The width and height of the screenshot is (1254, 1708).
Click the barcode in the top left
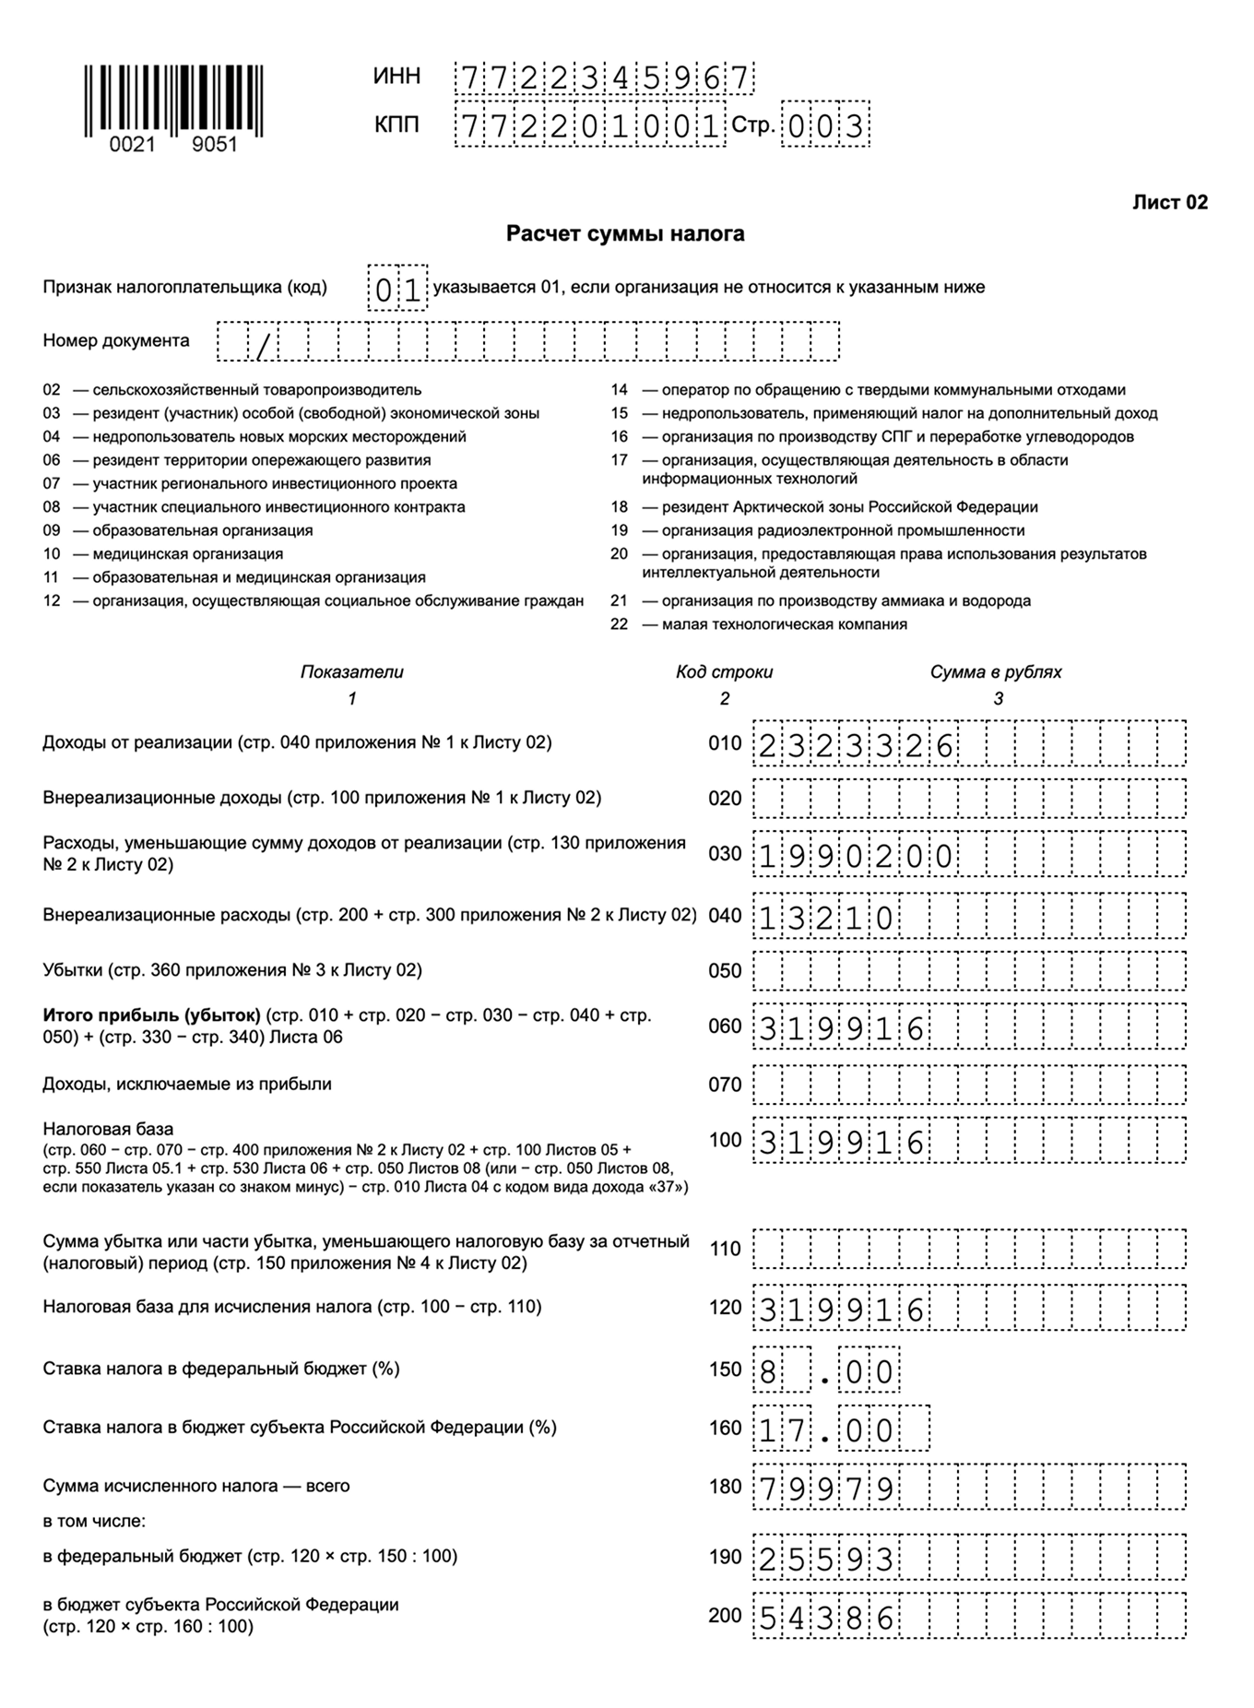[173, 100]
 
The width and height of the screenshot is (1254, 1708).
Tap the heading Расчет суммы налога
[625, 234]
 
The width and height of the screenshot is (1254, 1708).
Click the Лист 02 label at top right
[1169, 203]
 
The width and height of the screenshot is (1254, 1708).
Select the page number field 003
[825, 125]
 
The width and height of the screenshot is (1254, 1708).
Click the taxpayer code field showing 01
[397, 289]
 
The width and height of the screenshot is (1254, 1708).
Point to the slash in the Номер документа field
[264, 344]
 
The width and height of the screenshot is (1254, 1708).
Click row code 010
[725, 744]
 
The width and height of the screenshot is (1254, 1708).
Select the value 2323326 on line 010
[855, 745]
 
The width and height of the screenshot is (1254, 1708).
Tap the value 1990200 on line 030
[855, 856]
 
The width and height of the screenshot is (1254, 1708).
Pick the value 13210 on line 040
[826, 919]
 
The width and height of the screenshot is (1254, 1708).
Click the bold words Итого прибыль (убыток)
[151, 1015]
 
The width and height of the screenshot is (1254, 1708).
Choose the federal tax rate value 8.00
[826, 1371]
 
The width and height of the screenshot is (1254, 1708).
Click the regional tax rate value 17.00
[826, 1430]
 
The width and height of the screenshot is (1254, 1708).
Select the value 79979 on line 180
[826, 1489]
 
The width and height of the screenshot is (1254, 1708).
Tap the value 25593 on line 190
[826, 1559]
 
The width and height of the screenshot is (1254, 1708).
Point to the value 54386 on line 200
[826, 1618]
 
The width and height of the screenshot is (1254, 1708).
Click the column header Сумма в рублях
[996, 672]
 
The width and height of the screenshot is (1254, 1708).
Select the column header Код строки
[724, 672]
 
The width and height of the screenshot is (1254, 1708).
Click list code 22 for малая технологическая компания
[619, 624]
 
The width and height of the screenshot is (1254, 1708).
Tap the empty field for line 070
[969, 1085]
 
